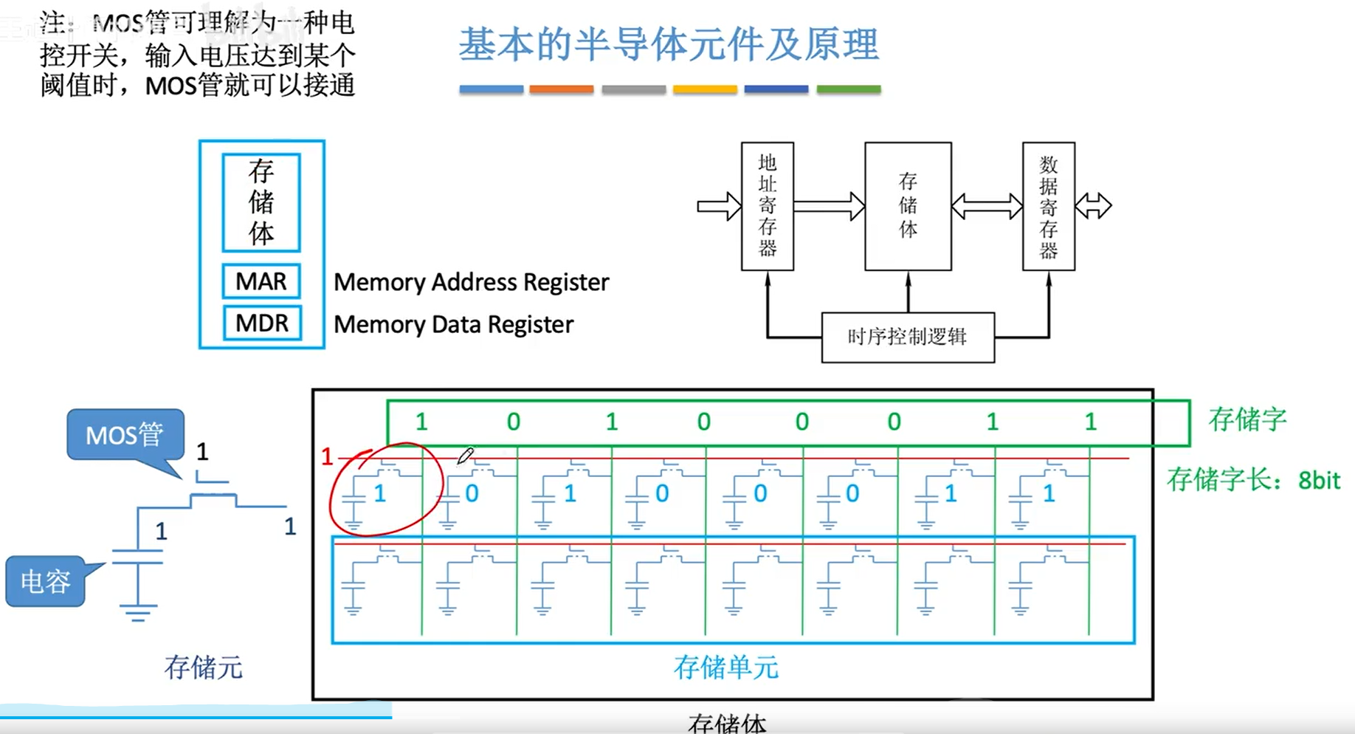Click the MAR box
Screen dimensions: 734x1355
click(261, 281)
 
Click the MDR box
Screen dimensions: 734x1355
click(261, 323)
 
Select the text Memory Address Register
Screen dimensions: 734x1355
click(471, 282)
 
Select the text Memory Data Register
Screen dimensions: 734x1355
click(453, 324)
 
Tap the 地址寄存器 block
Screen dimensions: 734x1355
click(767, 206)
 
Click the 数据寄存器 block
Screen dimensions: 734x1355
click(1048, 206)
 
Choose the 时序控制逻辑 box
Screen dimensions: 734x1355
click(907, 337)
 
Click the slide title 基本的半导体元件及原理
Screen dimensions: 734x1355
click(668, 44)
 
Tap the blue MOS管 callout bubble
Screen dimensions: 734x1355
click(124, 435)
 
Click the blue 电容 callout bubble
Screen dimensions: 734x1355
click(45, 581)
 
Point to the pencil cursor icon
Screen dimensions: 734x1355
click(464, 456)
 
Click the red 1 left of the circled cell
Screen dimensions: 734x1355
click(327, 457)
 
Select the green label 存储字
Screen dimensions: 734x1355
click(1247, 419)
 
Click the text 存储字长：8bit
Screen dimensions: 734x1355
click(1252, 480)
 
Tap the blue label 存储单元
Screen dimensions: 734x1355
click(725, 668)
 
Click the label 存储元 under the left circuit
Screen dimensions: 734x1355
click(203, 668)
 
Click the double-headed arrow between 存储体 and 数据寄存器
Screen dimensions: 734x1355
click(987, 206)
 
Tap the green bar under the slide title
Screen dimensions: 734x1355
click(848, 89)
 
